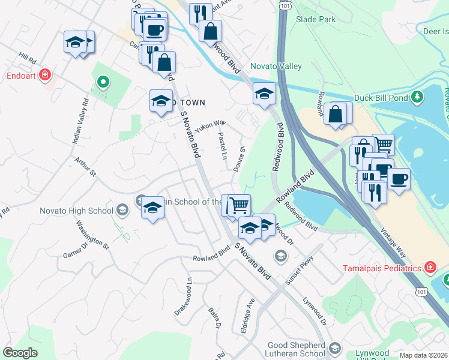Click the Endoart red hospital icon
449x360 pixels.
tap(45, 75)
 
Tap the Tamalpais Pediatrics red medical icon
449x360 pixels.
tap(430, 267)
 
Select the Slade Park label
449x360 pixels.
tap(316, 19)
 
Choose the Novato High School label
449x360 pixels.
tap(76, 211)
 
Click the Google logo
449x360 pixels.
tap(20, 353)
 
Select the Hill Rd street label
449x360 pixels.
tap(28, 59)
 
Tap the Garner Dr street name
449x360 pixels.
tap(76, 249)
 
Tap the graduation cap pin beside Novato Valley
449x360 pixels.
tap(264, 94)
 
